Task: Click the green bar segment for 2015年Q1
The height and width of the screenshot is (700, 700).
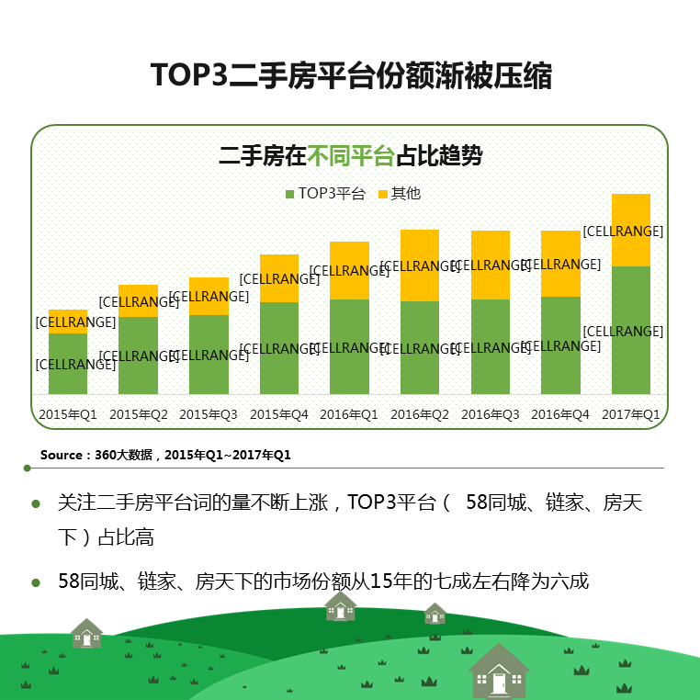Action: (x=68, y=364)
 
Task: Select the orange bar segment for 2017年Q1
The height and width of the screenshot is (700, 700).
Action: (x=631, y=230)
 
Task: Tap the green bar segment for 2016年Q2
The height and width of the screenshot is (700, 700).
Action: (x=420, y=348)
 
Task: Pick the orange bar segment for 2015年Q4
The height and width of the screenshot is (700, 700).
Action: (x=279, y=278)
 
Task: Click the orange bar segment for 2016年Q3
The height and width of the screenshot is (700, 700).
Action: (x=491, y=265)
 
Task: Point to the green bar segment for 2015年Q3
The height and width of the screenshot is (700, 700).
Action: (x=209, y=355)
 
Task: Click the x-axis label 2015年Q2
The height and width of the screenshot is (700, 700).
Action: (x=139, y=414)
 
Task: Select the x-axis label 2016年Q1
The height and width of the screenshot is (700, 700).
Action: (x=349, y=414)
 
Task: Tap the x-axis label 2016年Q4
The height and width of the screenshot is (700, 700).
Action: (x=560, y=414)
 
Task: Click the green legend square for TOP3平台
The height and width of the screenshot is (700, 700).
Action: (x=290, y=194)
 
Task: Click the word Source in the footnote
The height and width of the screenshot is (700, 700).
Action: (x=62, y=455)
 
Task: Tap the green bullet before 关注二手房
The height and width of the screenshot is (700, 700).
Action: (x=36, y=503)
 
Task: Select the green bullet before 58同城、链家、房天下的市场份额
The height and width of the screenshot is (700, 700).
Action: (x=36, y=582)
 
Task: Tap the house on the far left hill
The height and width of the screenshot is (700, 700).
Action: (x=87, y=634)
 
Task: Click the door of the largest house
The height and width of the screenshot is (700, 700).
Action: (x=499, y=683)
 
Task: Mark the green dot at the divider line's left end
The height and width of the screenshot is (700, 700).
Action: (x=28, y=468)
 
